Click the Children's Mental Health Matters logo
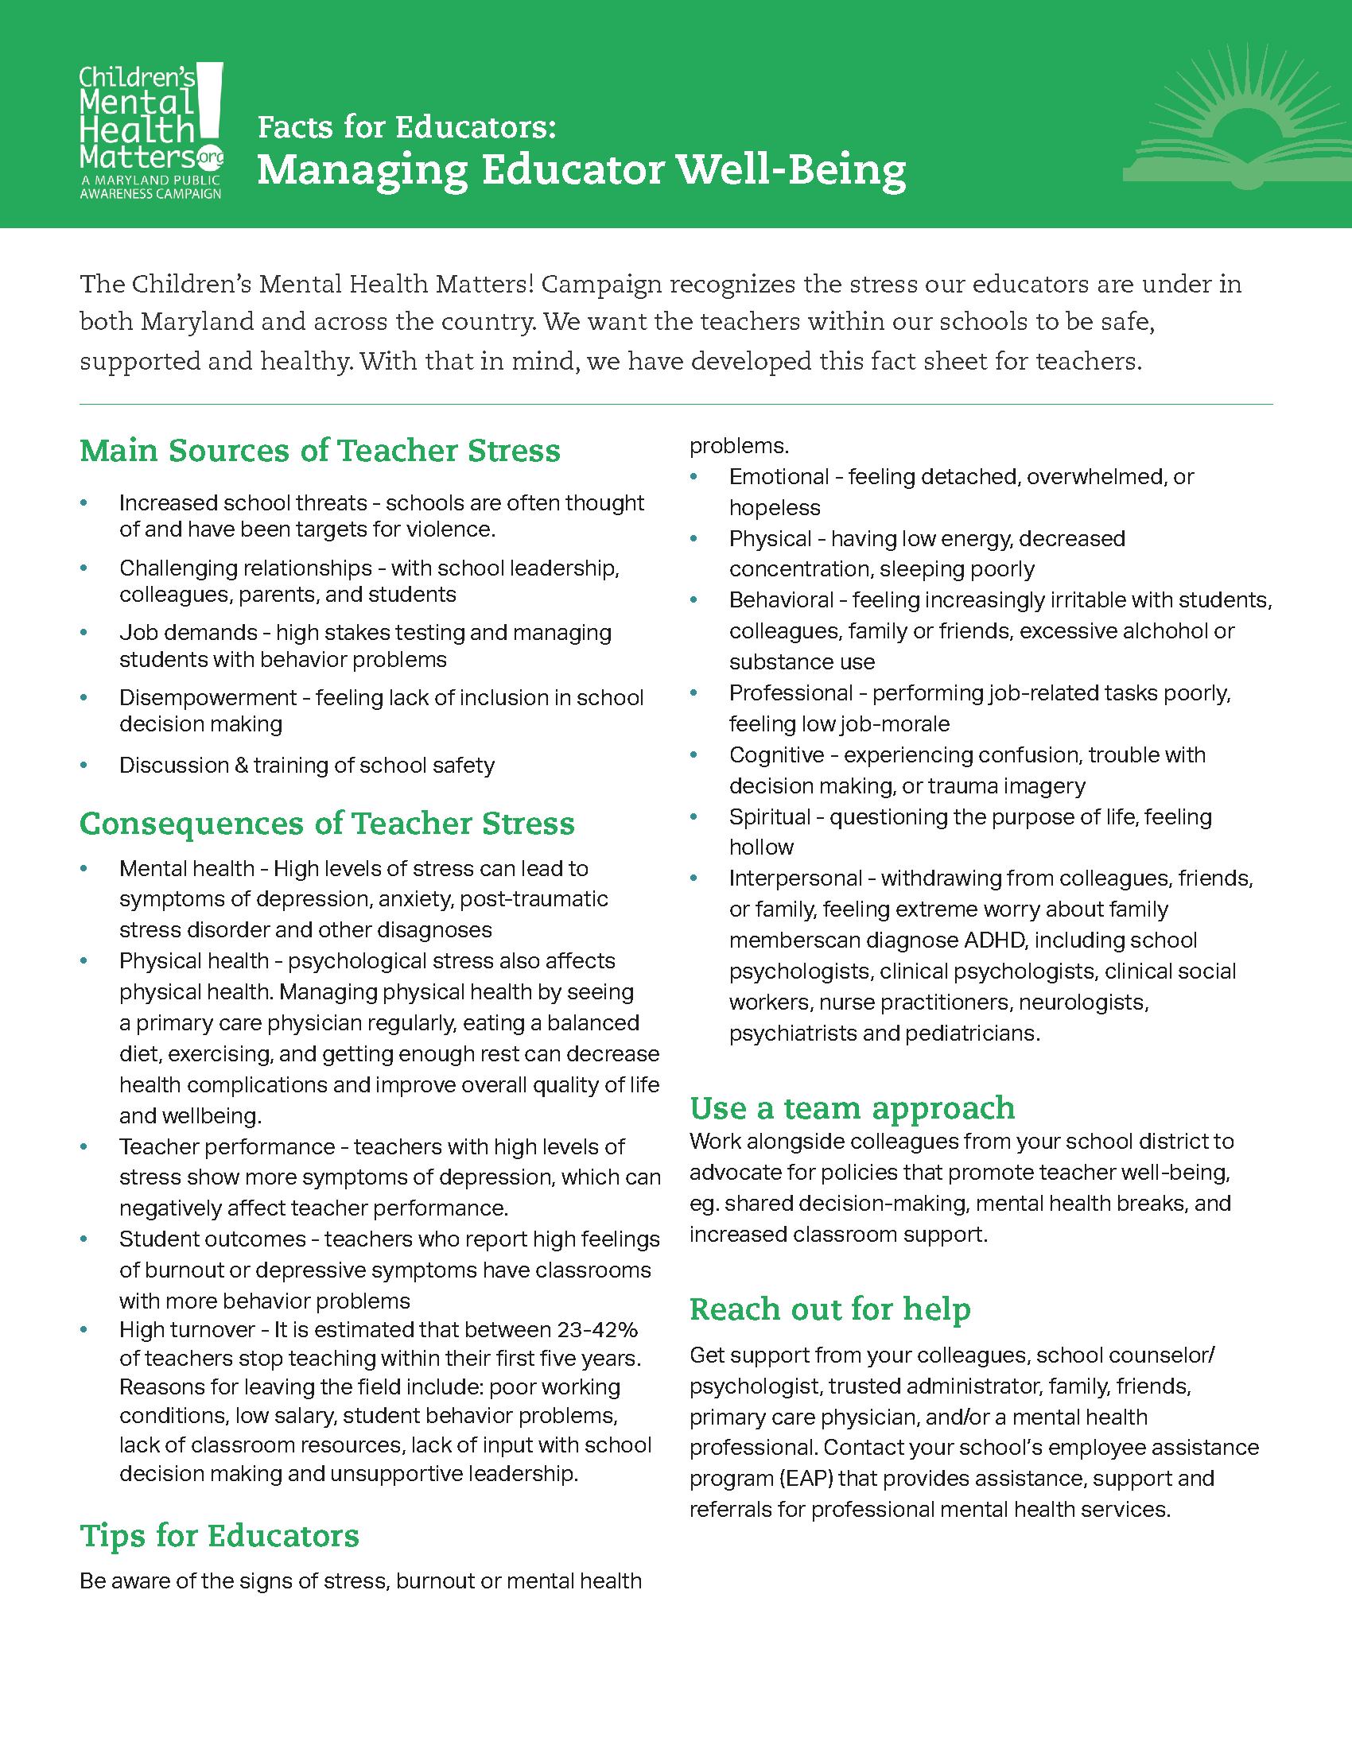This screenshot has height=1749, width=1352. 150,130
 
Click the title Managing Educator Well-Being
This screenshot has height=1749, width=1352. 581,170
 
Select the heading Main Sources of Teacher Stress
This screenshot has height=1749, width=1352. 320,450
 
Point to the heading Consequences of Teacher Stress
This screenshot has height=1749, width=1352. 327,824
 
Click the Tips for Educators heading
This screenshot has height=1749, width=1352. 220,1535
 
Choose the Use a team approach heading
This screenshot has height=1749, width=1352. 853,1107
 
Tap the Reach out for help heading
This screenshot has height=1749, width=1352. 829,1309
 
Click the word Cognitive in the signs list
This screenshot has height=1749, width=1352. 776,755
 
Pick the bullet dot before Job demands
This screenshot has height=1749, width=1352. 84,633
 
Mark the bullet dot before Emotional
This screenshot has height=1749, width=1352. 694,477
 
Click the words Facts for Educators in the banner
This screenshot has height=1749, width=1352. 406,127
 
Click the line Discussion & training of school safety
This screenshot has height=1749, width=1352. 307,766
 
